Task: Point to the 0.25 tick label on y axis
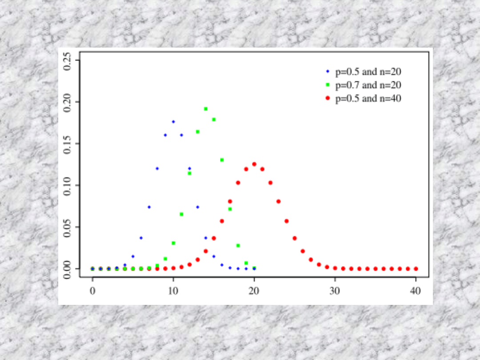click(68, 60)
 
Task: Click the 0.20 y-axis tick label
click(68, 102)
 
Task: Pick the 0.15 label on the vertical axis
click(68, 144)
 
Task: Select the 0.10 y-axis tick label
click(68, 185)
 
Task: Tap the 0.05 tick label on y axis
click(68, 227)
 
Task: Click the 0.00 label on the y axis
click(68, 269)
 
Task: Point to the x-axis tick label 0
click(92, 291)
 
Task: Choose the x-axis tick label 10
click(173, 291)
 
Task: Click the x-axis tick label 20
click(254, 291)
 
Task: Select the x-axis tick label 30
click(335, 291)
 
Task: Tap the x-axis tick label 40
click(416, 291)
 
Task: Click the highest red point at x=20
click(254, 164)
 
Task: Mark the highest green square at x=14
click(206, 108)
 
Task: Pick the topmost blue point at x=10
click(173, 121)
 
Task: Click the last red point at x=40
click(416, 268)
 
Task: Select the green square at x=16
click(222, 160)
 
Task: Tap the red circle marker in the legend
click(328, 99)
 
